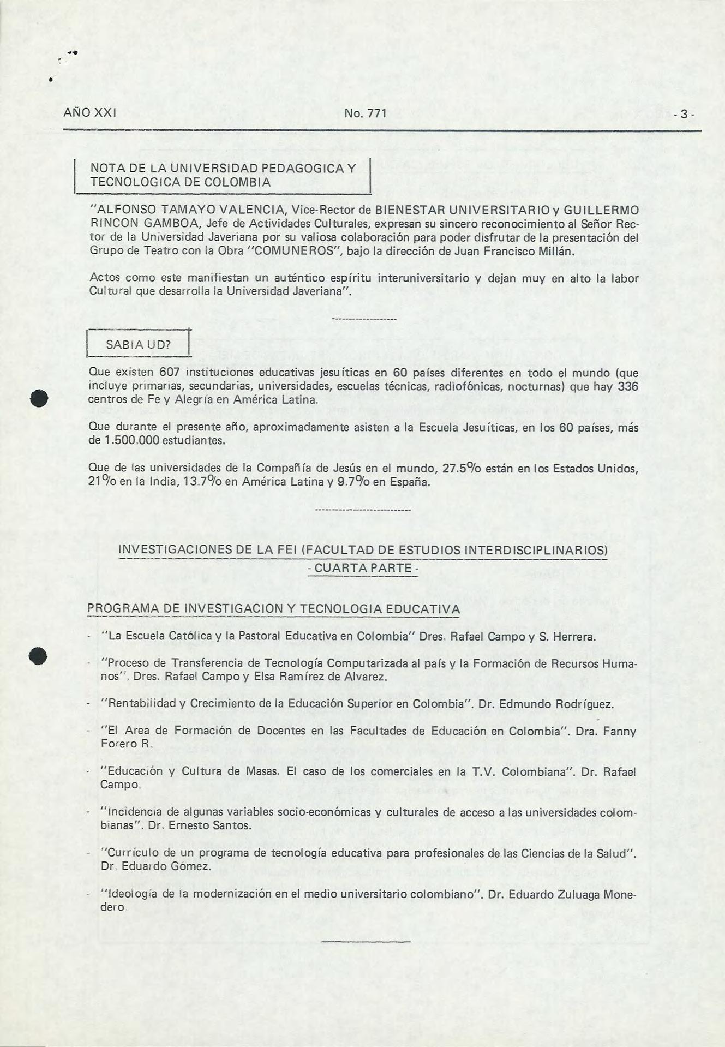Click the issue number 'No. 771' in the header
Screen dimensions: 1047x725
[x=366, y=113]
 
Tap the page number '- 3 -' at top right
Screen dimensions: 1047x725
[x=683, y=115]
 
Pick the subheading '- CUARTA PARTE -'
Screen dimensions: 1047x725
[x=363, y=568]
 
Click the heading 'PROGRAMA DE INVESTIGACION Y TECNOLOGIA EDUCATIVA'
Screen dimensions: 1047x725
[x=273, y=608]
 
